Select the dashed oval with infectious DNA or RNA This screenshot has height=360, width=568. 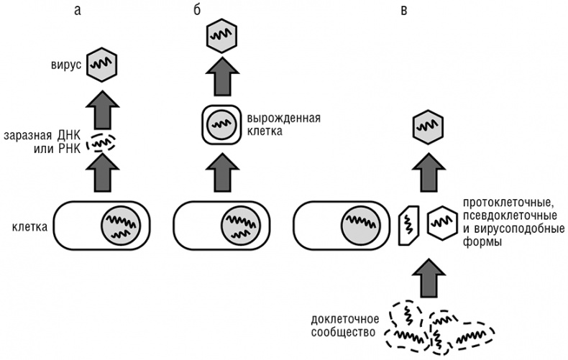point(100,143)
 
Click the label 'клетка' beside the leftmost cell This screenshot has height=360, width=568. point(28,228)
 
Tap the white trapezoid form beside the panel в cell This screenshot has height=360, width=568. point(408,225)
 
